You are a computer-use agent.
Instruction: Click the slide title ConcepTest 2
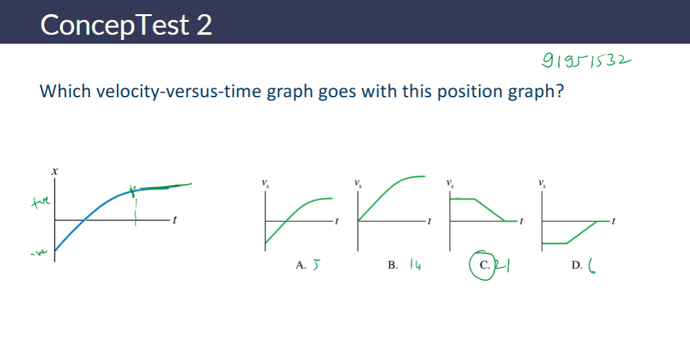tap(126, 25)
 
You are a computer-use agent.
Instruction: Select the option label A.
tap(300, 265)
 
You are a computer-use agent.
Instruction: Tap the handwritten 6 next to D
tap(592, 265)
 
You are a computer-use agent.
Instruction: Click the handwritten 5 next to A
tap(315, 264)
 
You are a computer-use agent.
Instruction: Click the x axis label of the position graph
tap(55, 172)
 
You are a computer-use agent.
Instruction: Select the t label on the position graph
tap(174, 220)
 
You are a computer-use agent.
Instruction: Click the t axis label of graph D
tap(614, 221)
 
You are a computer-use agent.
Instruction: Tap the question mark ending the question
tap(559, 91)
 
